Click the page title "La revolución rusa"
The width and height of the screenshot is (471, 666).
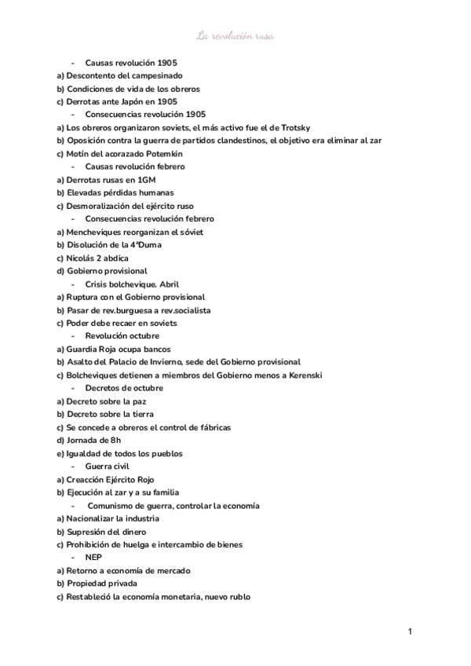tap(235, 35)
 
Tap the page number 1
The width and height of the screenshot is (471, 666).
tap(410, 631)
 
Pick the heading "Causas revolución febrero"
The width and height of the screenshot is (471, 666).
tap(134, 166)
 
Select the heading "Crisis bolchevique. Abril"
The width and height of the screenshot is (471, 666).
tap(133, 284)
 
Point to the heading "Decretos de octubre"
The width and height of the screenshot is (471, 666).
tap(124, 388)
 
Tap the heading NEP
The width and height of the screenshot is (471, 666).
tap(93, 557)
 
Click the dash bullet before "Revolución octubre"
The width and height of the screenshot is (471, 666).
tap(73, 336)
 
